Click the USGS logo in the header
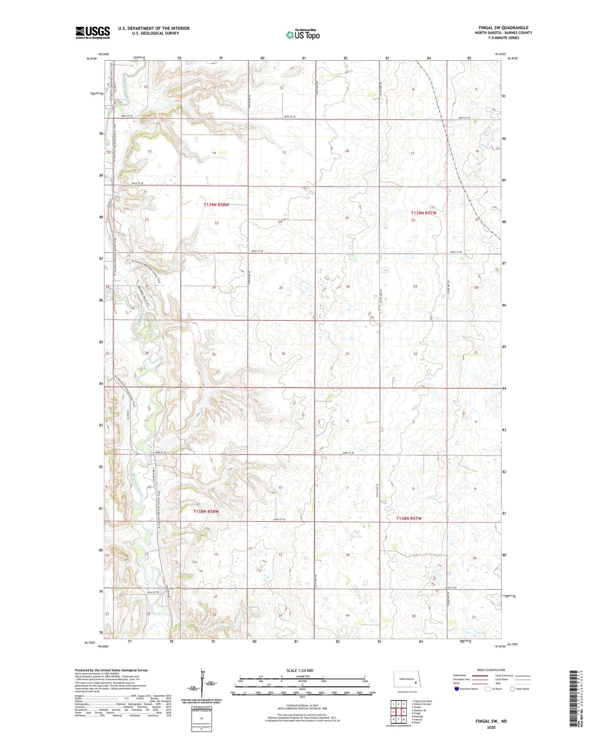click(x=93, y=32)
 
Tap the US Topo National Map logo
click(x=303, y=34)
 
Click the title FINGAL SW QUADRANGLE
click(x=503, y=28)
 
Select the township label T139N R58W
click(x=216, y=205)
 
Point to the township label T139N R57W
click(x=423, y=213)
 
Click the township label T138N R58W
click(x=206, y=512)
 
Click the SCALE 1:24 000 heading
click(x=300, y=671)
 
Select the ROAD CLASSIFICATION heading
click(x=491, y=670)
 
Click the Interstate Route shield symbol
click(x=457, y=689)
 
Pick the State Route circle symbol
click(x=512, y=689)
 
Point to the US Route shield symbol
click(x=488, y=689)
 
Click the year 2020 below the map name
click(x=491, y=728)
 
